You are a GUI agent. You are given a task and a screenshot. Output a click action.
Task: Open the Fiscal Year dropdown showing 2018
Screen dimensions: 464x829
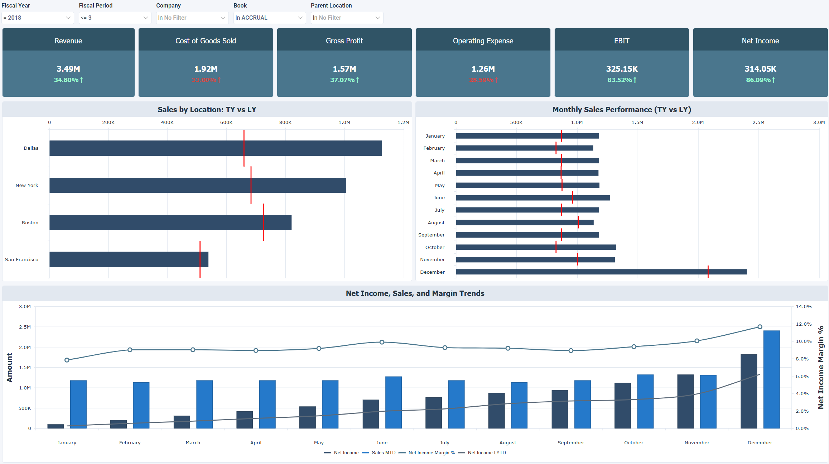37,18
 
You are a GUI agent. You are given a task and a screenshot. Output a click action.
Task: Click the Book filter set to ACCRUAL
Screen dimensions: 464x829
269,18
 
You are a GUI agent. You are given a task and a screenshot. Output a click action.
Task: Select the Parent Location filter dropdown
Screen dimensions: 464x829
347,18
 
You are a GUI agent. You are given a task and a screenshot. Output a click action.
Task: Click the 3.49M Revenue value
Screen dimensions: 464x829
68,69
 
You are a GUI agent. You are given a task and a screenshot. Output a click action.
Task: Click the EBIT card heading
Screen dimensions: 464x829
621,41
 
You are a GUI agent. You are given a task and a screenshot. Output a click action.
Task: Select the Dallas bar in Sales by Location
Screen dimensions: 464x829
215,148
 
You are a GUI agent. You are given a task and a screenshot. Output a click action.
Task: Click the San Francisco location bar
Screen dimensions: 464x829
129,259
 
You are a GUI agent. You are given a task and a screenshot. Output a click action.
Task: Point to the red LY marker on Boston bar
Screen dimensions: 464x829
264,222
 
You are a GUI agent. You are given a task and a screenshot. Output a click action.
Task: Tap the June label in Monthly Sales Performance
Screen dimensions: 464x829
439,198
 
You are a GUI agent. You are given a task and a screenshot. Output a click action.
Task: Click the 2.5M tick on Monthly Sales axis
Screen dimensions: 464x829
758,123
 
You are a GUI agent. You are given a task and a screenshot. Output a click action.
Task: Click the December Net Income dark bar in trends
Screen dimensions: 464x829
748,391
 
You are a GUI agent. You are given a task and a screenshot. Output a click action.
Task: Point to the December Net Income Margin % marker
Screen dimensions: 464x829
760,327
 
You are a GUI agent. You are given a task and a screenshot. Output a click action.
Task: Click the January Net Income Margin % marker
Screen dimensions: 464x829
67,360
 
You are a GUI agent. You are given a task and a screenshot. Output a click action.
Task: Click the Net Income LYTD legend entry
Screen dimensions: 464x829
486,453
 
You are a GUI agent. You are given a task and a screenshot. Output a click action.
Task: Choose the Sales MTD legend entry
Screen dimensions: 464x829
383,453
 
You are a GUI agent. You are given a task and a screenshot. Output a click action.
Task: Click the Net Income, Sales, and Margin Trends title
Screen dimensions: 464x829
415,293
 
